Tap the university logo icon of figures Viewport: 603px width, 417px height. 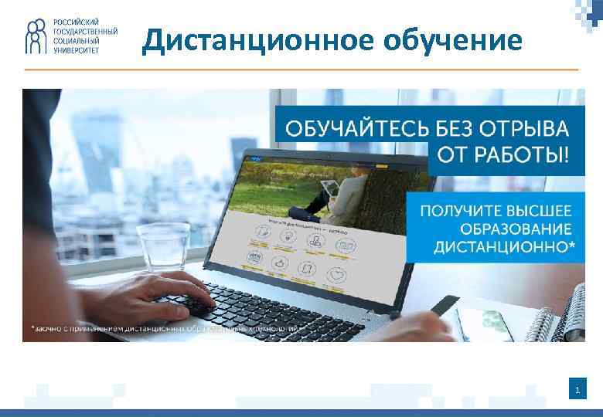point(36,36)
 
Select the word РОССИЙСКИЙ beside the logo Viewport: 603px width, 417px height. point(76,22)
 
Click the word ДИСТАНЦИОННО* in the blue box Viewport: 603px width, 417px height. point(503,248)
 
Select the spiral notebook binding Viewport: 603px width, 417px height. point(567,314)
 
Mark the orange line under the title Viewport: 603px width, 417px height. point(301,69)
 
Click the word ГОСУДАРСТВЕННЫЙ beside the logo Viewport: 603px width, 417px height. point(85,32)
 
